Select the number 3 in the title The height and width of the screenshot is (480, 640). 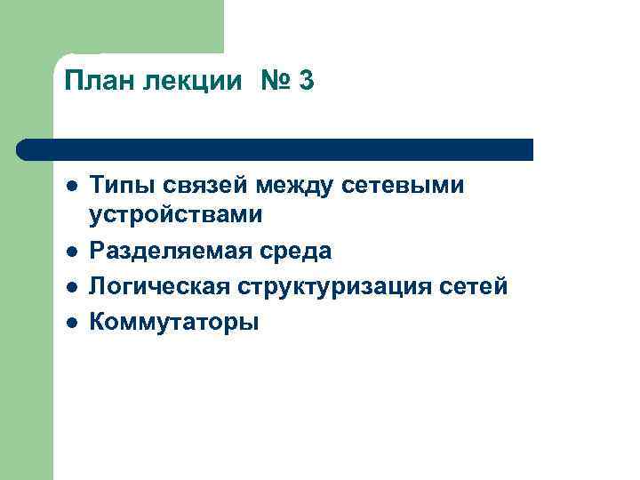coord(307,82)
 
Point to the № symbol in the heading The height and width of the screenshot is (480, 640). coord(276,82)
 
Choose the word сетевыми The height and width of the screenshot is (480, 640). coord(408,186)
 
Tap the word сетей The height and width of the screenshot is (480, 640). coord(476,287)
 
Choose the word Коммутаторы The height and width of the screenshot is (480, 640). coord(175,322)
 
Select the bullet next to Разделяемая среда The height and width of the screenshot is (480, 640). coord(70,252)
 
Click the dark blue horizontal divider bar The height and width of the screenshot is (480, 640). coord(276,148)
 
